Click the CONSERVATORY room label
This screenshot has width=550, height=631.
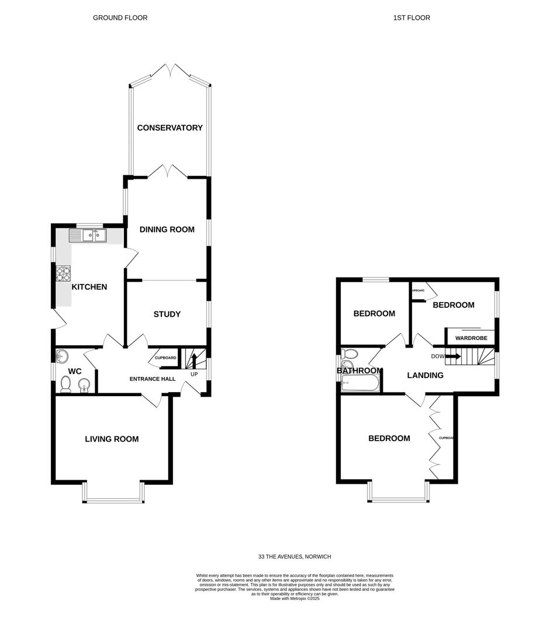[170, 128]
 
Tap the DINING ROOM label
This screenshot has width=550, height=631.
[167, 230]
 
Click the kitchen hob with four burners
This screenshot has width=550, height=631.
[63, 273]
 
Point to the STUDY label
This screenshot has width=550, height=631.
[167, 314]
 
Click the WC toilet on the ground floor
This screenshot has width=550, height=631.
[65, 384]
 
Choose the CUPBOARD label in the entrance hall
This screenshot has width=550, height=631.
[165, 358]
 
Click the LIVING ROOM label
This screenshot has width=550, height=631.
[112, 439]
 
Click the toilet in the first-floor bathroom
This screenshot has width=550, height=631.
[350, 355]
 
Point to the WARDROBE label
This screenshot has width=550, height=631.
[471, 338]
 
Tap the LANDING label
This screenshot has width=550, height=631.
[425, 375]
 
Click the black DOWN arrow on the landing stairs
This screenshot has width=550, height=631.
[452, 355]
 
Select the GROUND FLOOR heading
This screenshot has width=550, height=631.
[120, 18]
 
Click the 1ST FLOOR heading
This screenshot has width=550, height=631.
[411, 18]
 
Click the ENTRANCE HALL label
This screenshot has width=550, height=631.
[152, 379]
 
